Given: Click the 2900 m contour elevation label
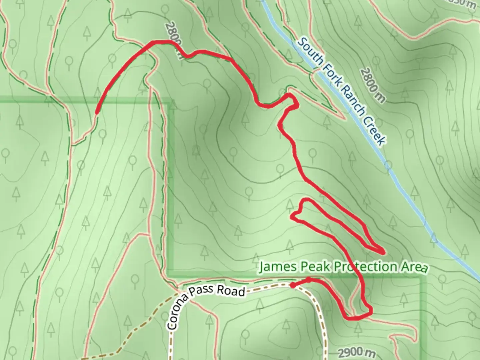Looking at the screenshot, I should pos(356,352).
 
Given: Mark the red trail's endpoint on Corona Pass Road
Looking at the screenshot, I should pos(292,285).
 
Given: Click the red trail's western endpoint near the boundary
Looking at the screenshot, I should pos(97,113).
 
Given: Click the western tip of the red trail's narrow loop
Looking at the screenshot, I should pos(292,217).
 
